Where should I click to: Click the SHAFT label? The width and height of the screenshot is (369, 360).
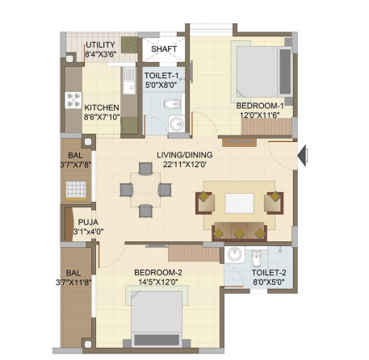pos(164,49)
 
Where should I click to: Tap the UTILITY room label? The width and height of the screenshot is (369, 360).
pos(100,44)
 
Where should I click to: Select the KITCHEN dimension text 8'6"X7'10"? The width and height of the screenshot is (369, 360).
pos(102,117)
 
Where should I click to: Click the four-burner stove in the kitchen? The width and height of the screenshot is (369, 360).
pos(73,100)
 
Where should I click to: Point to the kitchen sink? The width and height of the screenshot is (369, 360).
pos(129,81)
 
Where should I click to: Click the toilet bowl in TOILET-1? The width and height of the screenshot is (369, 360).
pos(172,104)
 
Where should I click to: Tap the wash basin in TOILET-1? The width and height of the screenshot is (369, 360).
pos(177,123)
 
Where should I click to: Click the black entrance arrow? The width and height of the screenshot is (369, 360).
pos(303,156)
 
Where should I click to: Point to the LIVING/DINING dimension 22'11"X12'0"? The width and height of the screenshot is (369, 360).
pos(185,164)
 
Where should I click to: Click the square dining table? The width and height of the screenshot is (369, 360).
pos(145,190)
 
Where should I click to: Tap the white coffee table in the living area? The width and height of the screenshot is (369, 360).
pos(239,203)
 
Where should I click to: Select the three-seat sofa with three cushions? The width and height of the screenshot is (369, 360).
pos(239,232)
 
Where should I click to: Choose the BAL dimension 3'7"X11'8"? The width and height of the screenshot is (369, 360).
pos(73,283)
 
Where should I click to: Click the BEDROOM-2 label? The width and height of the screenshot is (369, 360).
pos(158,273)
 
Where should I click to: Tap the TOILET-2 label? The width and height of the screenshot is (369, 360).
pos(269,273)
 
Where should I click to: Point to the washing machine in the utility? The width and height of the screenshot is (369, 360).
pos(129,44)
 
